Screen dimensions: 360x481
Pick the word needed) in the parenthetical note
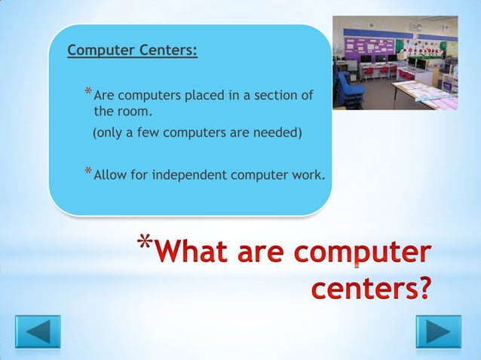pos(277,134)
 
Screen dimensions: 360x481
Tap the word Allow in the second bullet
pos(109,175)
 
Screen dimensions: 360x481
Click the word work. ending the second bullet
pos(309,175)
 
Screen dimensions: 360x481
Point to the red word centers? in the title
pos(370,290)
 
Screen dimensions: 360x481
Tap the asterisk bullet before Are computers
pos(88,94)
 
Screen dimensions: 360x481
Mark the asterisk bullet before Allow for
pos(88,173)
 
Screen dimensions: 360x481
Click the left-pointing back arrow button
pos(38,332)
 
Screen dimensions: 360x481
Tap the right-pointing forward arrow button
pos(438,332)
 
